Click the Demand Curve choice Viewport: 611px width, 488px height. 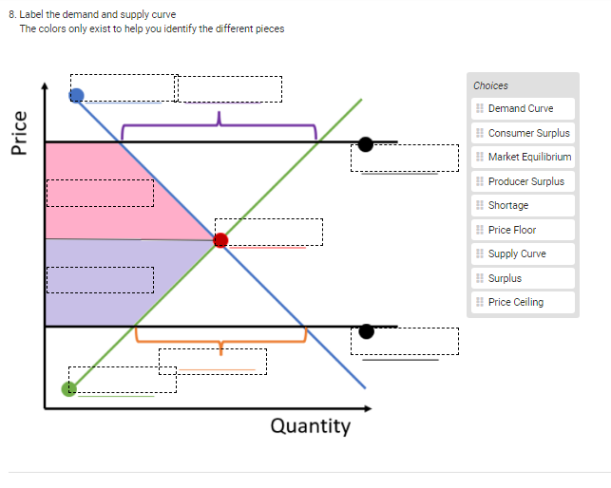pyautogui.click(x=521, y=108)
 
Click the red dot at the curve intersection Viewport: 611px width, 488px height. pyautogui.click(x=220, y=240)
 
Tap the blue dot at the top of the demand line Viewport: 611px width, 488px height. pyautogui.click(x=77, y=94)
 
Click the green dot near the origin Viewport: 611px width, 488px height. pyautogui.click(x=68, y=388)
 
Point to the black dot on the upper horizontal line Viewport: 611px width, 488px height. pyautogui.click(x=366, y=144)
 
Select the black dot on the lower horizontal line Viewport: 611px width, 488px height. pyautogui.click(x=366, y=331)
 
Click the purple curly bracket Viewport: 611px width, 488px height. pyautogui.click(x=219, y=124)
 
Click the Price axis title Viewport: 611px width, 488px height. pyautogui.click(x=18, y=132)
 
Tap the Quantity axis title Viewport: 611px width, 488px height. pyautogui.click(x=310, y=425)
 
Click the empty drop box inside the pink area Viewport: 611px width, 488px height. pyautogui.click(x=100, y=192)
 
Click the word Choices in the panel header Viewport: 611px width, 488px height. pyautogui.click(x=490, y=85)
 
